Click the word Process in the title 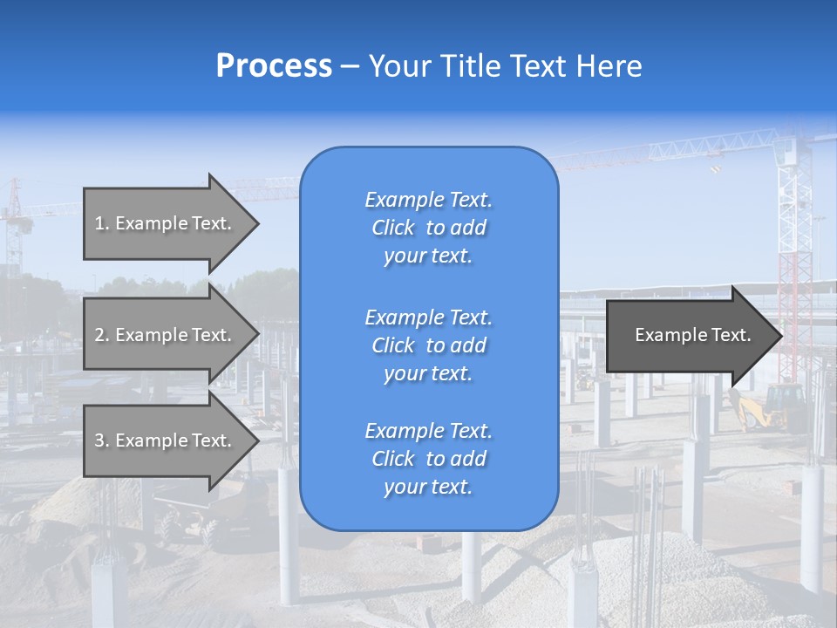274,66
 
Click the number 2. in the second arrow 102,335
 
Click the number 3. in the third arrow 102,440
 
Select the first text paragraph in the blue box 428,228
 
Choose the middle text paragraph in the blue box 428,345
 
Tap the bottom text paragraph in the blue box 428,459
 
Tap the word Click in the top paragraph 392,228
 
